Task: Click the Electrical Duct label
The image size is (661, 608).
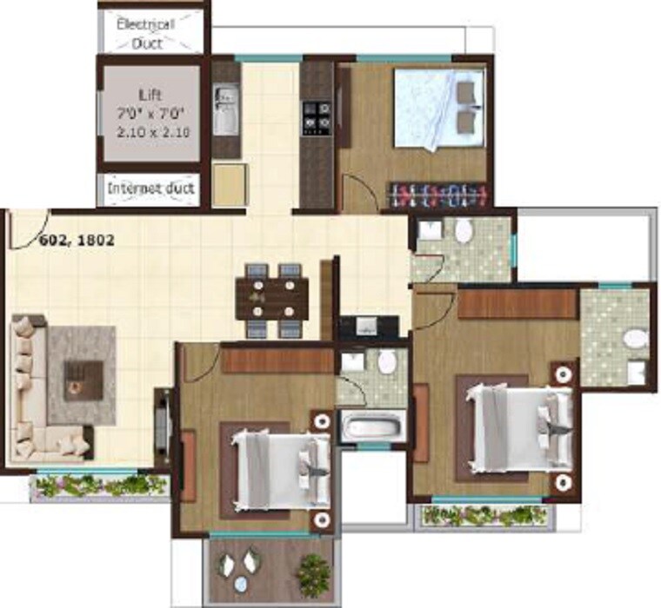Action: coord(146,33)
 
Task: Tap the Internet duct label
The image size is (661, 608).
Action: coord(151,188)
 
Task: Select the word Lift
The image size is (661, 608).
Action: coord(150,95)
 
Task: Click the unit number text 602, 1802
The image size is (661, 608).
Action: coord(77,241)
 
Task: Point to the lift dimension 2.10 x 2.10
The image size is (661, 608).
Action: coord(153,132)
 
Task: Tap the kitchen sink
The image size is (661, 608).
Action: coord(225,110)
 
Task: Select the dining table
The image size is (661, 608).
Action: coord(271,300)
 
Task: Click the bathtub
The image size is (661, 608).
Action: coord(371,426)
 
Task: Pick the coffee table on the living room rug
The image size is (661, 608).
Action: coord(83,375)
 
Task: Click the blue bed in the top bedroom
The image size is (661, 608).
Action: coord(438,108)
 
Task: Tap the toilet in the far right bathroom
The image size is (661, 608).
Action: coord(637,339)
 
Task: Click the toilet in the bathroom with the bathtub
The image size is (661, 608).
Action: coord(388,361)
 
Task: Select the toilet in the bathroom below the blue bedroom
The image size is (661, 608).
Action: coord(464,231)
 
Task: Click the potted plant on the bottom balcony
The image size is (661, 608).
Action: coord(310,572)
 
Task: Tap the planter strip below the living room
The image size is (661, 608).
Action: coord(99,486)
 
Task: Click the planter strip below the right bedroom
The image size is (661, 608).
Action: coord(484,514)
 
